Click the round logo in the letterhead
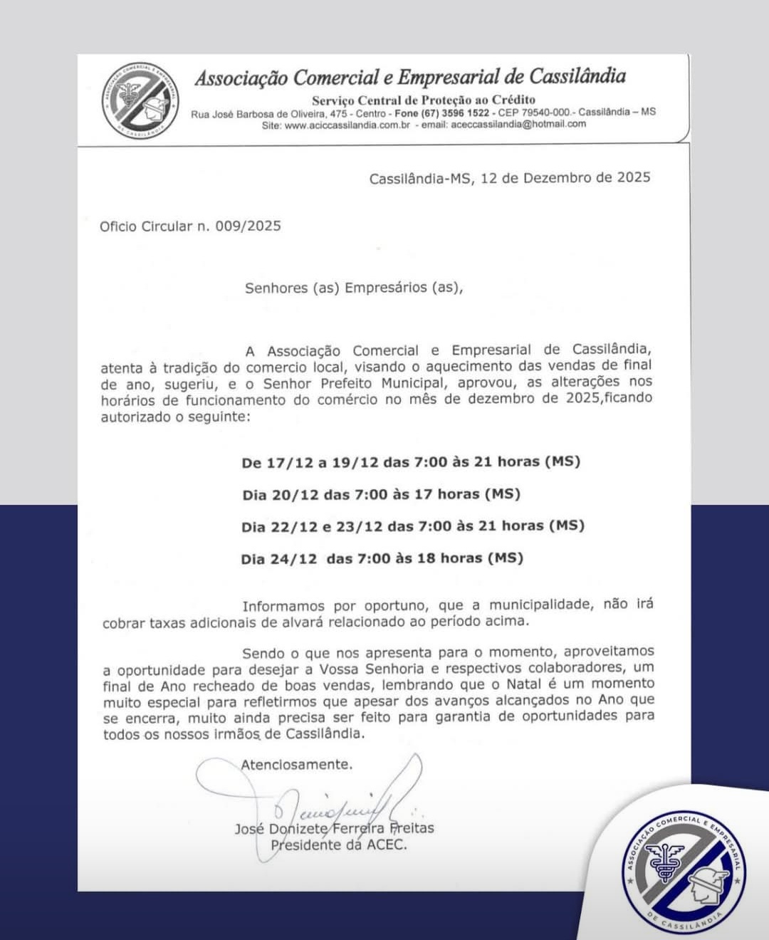click(139, 100)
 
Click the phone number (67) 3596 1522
click(455, 113)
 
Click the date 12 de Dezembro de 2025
click(565, 177)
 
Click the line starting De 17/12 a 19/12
click(411, 462)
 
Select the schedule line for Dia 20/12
click(381, 494)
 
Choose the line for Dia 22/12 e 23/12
click(412, 526)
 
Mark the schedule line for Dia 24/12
click(382, 558)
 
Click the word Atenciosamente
click(296, 765)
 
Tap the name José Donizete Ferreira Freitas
click(334, 828)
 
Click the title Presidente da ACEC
click(338, 845)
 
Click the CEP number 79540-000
click(545, 113)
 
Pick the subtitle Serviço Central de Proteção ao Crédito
click(423, 100)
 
